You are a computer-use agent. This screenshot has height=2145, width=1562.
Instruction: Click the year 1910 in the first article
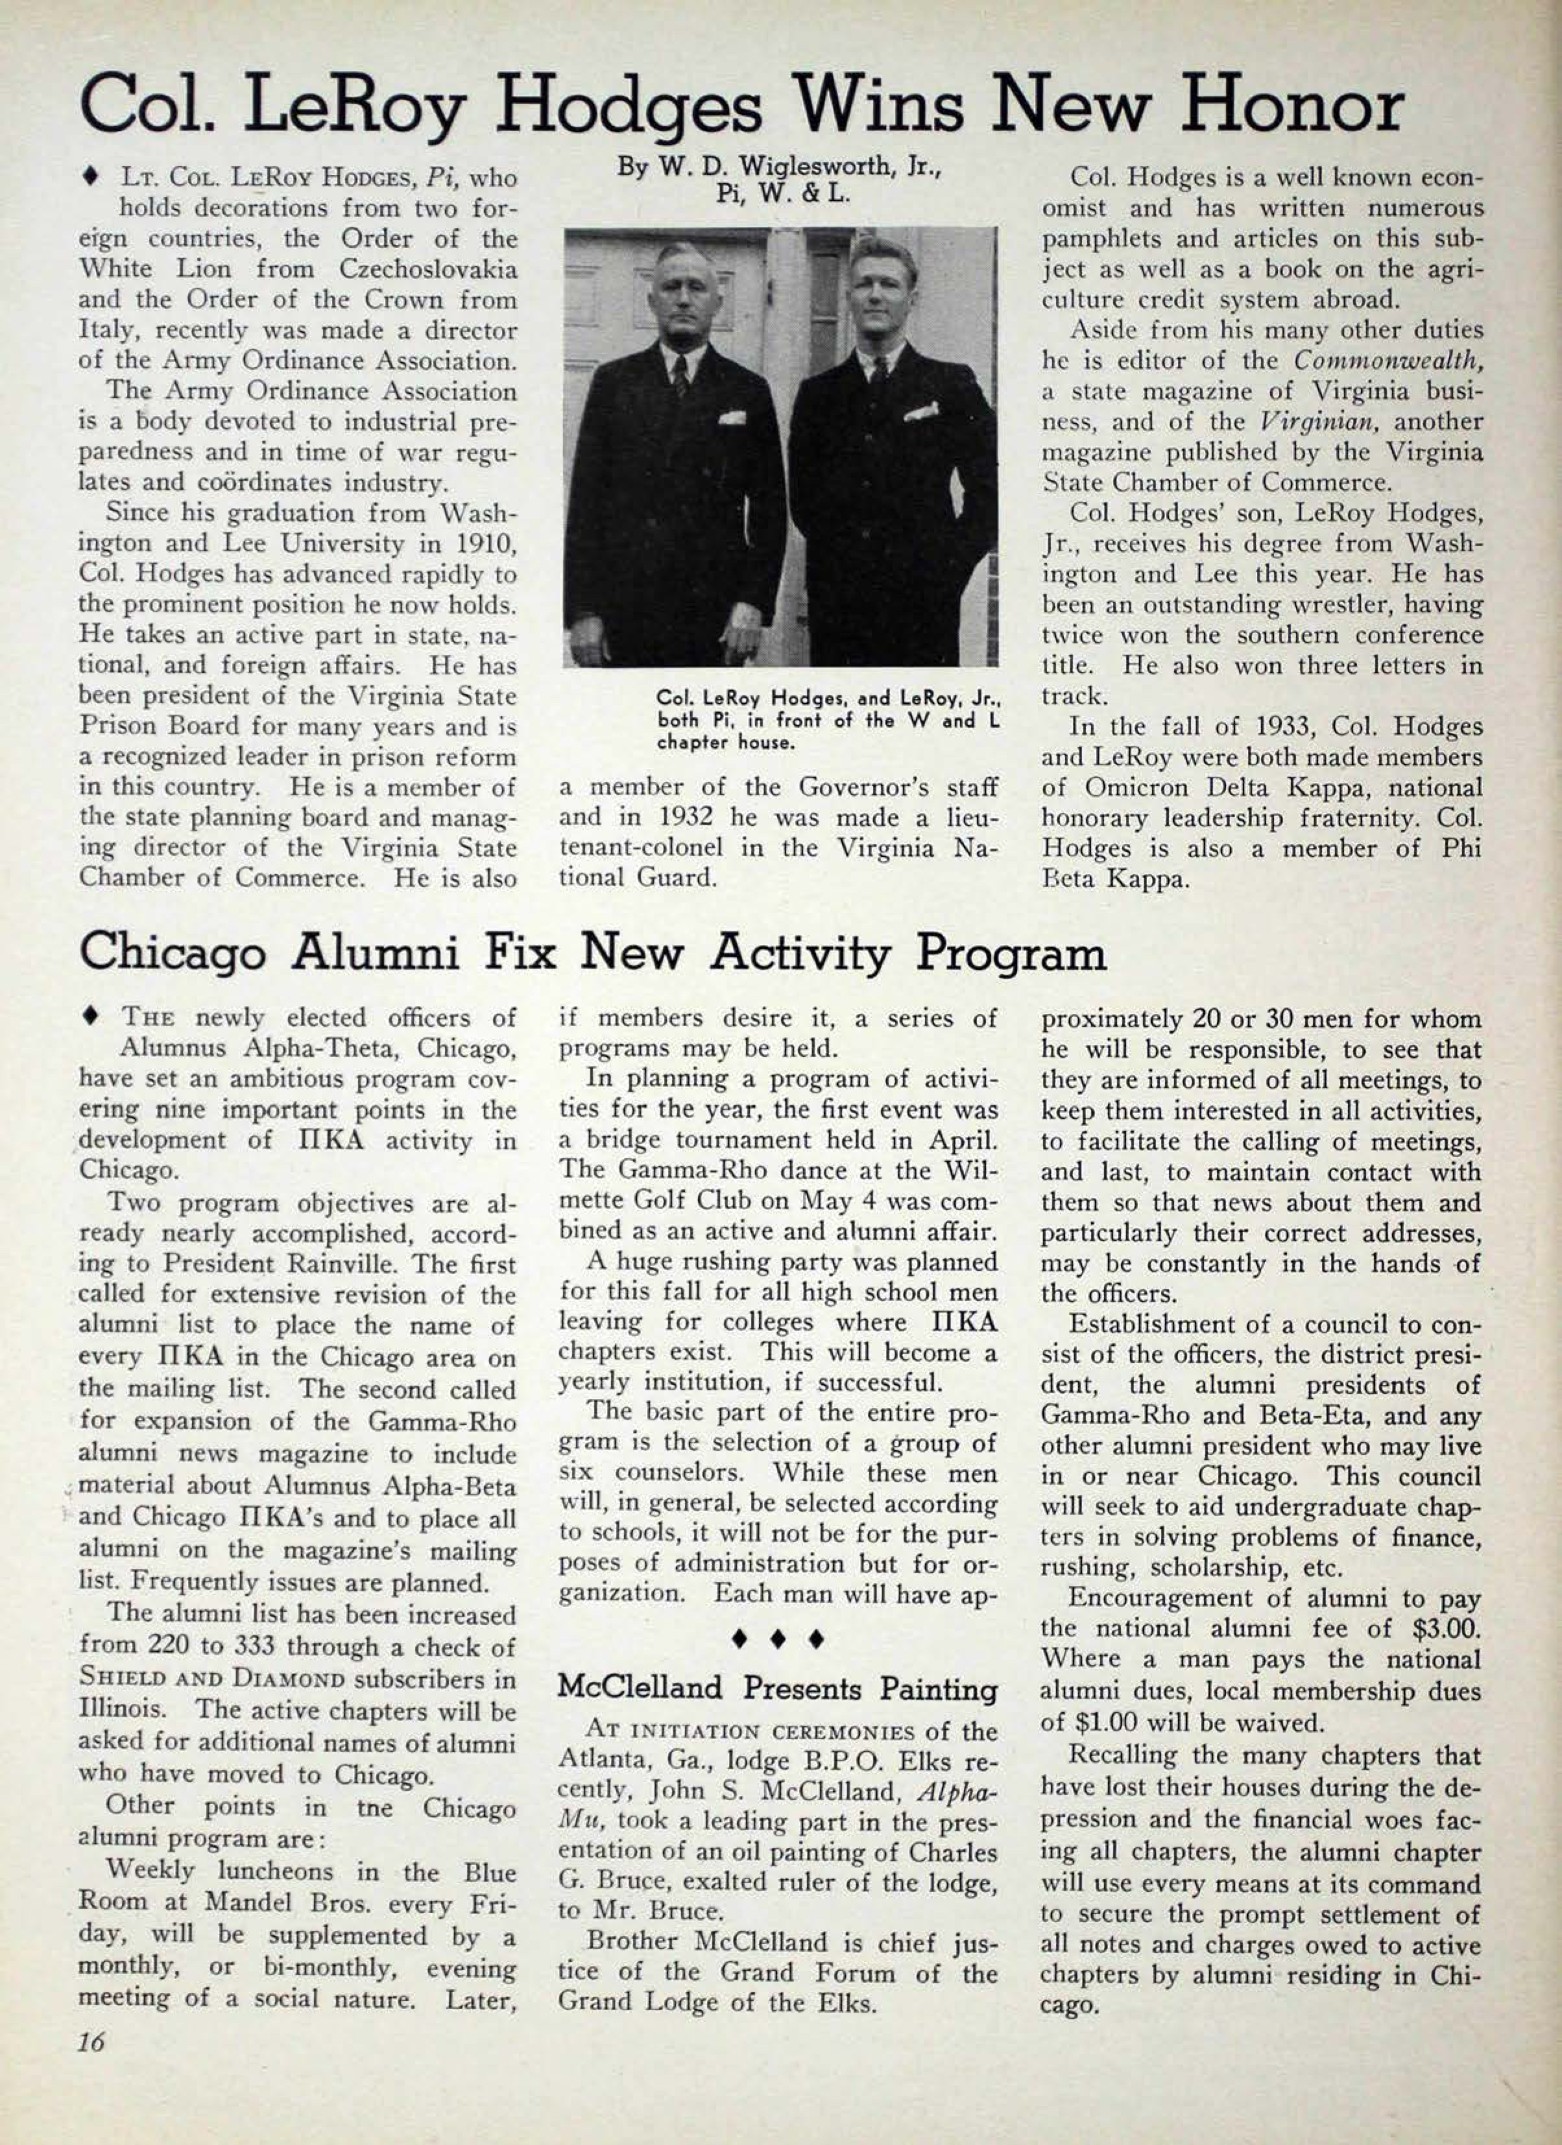[483, 544]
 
